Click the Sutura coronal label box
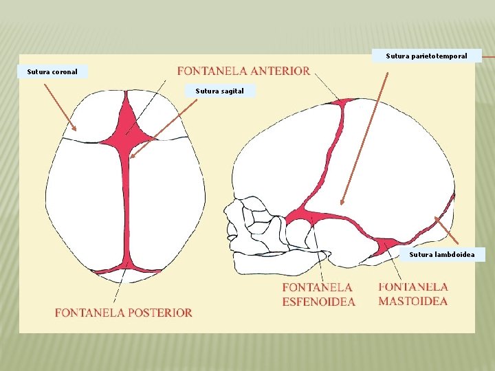52,71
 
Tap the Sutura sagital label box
219,91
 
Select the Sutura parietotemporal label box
426,56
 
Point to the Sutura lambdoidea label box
441,255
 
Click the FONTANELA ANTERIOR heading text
243,71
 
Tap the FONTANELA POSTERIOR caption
124,313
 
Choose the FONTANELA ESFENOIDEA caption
318,294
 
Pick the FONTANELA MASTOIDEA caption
412,294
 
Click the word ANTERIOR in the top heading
280,71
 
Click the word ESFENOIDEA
318,302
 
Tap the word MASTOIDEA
412,301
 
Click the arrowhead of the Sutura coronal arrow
76,128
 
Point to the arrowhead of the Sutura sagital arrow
131,157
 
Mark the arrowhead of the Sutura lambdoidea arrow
436,218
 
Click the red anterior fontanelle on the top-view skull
126,128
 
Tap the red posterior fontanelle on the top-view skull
125,267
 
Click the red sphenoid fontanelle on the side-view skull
301,217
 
